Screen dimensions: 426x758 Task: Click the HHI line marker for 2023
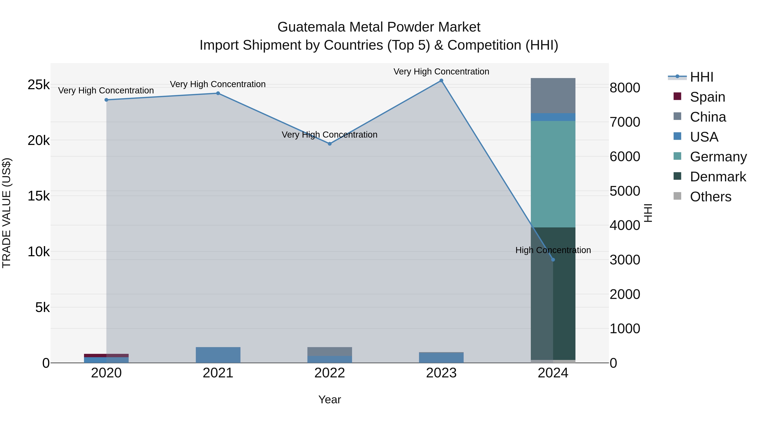coord(441,81)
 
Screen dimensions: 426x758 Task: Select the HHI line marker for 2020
coord(107,100)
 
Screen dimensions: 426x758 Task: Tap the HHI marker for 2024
coord(553,260)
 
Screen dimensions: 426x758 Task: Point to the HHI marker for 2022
coord(330,144)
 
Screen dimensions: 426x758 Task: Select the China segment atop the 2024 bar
coord(553,96)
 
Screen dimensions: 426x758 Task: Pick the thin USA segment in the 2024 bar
coord(553,117)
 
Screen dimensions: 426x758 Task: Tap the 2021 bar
coord(218,355)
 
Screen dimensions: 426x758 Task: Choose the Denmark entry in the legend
coord(718,177)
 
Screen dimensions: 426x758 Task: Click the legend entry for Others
coord(710,197)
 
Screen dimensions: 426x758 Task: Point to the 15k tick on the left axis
coord(39,196)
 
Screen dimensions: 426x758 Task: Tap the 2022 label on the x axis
coord(330,373)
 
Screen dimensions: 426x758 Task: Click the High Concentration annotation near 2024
coord(553,250)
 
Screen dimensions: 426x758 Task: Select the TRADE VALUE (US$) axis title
coord(7,213)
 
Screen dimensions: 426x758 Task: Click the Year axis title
coord(330,399)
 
